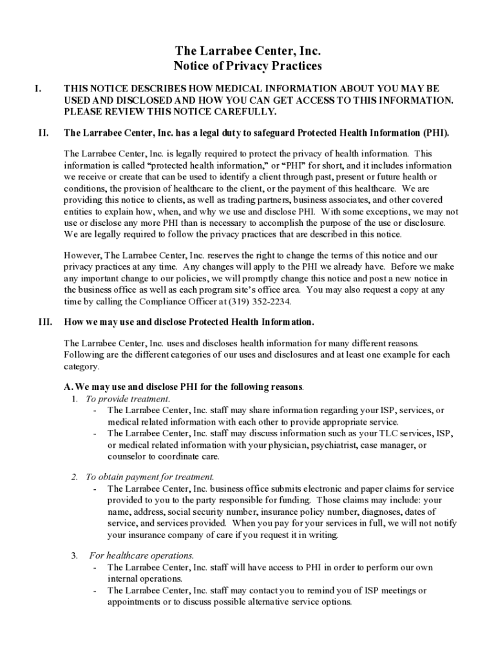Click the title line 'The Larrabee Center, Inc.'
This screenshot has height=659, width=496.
247,50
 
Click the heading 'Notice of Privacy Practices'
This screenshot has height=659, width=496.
247,66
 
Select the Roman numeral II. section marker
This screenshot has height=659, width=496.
43,133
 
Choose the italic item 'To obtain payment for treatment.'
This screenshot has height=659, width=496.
150,477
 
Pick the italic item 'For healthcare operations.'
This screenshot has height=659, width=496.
142,555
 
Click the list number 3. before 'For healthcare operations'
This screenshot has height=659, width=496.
75,555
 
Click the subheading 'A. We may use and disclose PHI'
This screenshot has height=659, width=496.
183,387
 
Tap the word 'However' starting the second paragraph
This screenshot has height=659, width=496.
82,255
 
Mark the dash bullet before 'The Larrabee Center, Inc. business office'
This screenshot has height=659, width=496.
95,488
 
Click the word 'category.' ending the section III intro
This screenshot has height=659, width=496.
82,367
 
